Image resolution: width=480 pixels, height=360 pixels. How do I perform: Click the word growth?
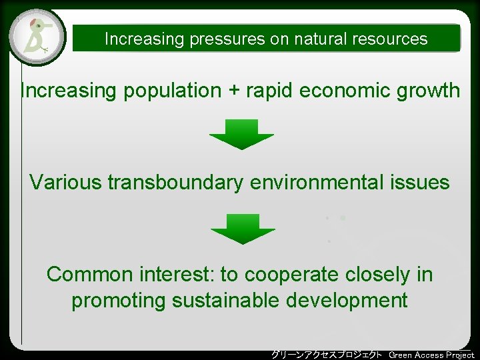tap(427, 91)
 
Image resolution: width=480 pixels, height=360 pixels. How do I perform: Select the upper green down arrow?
tap(241, 134)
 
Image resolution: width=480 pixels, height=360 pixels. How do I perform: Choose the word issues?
tap(421, 182)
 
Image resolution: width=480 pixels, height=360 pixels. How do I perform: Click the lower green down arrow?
tap(243, 229)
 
